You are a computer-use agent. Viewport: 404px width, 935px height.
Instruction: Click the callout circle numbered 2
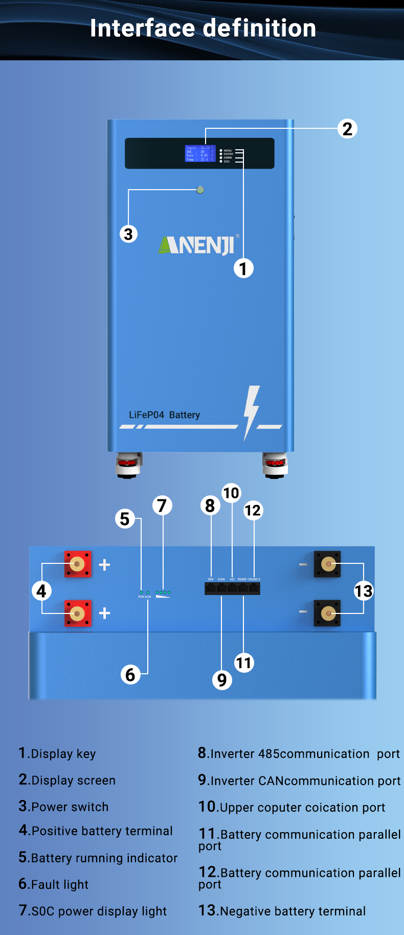pos(347,129)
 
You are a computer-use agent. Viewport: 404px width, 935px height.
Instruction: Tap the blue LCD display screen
pos(200,153)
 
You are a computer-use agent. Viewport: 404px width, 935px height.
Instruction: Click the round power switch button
pos(200,190)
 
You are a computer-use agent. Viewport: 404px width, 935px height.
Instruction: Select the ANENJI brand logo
pos(197,245)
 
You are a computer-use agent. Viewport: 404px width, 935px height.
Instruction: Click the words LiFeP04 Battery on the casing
pos(164,415)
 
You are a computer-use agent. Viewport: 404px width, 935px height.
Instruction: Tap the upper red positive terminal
pos(78,564)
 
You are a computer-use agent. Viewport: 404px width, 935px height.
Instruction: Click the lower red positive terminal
pos(78,613)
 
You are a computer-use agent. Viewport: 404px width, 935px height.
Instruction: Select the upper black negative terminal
pos(327,564)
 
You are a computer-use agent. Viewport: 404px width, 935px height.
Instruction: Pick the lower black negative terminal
pos(327,613)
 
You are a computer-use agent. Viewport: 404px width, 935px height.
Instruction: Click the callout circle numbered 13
pos(364,591)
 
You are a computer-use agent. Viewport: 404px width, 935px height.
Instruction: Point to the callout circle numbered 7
pos(162,506)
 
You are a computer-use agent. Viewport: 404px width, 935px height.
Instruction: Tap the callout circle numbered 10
pos(231,493)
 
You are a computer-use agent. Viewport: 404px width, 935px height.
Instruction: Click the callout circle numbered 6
pos(130,674)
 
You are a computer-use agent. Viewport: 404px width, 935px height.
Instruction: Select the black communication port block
pos(232,588)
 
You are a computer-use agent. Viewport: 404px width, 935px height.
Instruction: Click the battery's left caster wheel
pos(127,464)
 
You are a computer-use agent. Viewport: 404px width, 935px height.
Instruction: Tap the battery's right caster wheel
pos(275,464)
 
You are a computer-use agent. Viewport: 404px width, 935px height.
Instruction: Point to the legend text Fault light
pos(59,884)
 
